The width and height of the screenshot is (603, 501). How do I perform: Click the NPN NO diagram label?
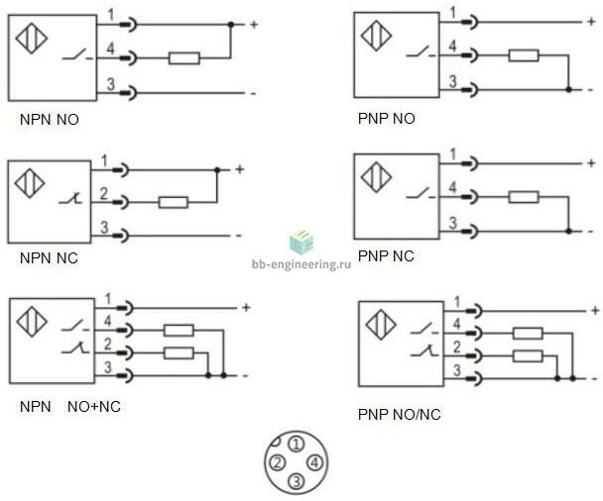pyautogui.click(x=50, y=120)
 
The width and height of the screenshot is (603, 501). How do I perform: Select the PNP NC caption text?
pyautogui.click(x=386, y=256)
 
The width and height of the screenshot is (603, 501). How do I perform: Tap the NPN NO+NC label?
pyautogui.click(x=70, y=406)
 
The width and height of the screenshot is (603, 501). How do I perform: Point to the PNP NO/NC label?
pyautogui.click(x=399, y=414)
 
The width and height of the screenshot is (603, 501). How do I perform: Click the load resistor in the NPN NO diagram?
pyautogui.click(x=184, y=58)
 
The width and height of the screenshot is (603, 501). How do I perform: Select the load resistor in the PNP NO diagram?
pyautogui.click(x=524, y=55)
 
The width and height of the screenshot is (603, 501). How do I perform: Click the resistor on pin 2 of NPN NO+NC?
pyautogui.click(x=179, y=353)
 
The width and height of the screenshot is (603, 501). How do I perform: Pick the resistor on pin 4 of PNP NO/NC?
pyautogui.click(x=528, y=334)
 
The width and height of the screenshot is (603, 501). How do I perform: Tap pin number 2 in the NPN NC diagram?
pyautogui.click(x=104, y=194)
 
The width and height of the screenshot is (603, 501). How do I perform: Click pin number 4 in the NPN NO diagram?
pyautogui.click(x=110, y=49)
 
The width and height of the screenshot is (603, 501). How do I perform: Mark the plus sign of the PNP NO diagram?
pyautogui.click(x=591, y=22)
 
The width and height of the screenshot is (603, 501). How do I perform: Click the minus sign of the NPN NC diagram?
pyautogui.click(x=239, y=236)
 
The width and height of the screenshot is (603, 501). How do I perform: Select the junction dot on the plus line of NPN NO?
pyautogui.click(x=231, y=25)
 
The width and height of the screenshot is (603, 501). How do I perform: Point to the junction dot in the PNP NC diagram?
pyautogui.click(x=568, y=231)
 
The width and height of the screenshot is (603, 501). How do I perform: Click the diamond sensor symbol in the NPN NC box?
pyautogui.click(x=30, y=183)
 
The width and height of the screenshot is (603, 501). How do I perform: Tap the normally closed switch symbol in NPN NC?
pyautogui.click(x=70, y=199)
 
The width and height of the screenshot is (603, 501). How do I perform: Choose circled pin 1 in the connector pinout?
pyautogui.click(x=297, y=445)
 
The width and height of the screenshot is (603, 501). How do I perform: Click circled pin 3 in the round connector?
pyautogui.click(x=297, y=480)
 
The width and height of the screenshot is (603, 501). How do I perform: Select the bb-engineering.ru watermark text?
pyautogui.click(x=301, y=264)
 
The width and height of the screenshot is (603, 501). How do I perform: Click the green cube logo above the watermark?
pyautogui.click(x=301, y=243)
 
